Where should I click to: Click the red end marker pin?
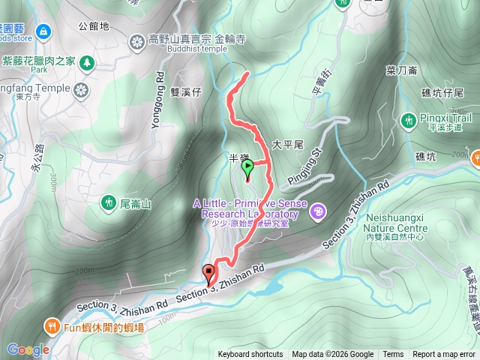pos(208,273)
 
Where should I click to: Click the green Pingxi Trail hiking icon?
pos(409,119)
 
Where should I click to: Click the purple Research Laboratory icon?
pos(318,211)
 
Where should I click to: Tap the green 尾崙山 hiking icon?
pos(108,202)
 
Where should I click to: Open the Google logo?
pos(28,349)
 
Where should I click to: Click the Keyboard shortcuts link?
pos(250,355)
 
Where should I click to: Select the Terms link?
pos(393,355)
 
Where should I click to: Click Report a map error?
pos(444,355)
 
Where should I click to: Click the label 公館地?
pos(94,25)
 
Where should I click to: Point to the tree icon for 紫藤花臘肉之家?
pos(87,61)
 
